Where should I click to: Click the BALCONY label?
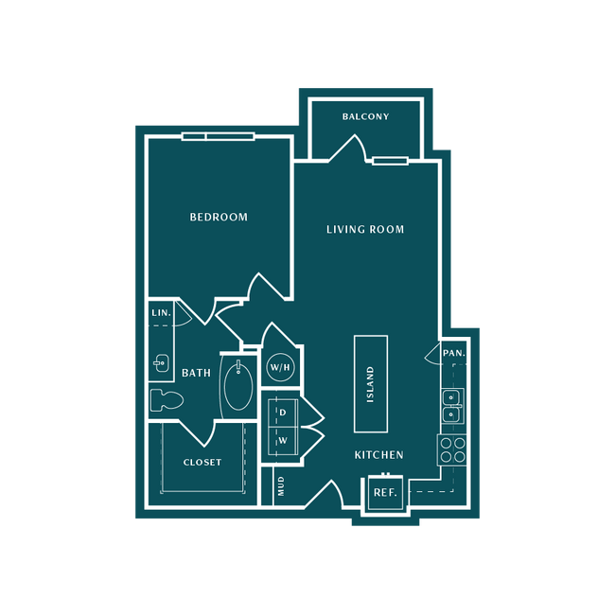coord(365,116)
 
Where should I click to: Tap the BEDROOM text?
coord(219,217)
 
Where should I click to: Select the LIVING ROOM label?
coord(365,229)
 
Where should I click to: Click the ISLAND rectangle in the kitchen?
coord(371,384)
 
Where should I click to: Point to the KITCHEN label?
coord(378,455)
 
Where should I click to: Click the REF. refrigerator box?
coord(385,493)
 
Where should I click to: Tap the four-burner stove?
coord(452,449)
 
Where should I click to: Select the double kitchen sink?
coord(452,406)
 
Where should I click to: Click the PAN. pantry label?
coord(454,353)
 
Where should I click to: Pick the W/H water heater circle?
coord(280,367)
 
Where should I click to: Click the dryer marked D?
coord(283,413)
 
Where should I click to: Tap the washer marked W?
coord(283,441)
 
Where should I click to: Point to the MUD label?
coord(281,486)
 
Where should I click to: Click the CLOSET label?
coord(202,463)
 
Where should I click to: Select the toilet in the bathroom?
coord(167,400)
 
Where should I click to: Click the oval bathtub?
coord(238,385)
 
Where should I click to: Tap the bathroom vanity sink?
coord(161,363)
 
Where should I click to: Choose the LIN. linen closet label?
coord(162,313)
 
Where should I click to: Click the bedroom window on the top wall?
coord(219,136)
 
